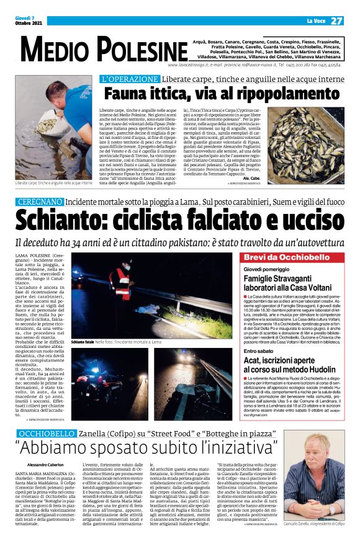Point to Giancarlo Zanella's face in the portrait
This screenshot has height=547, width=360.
319,458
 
